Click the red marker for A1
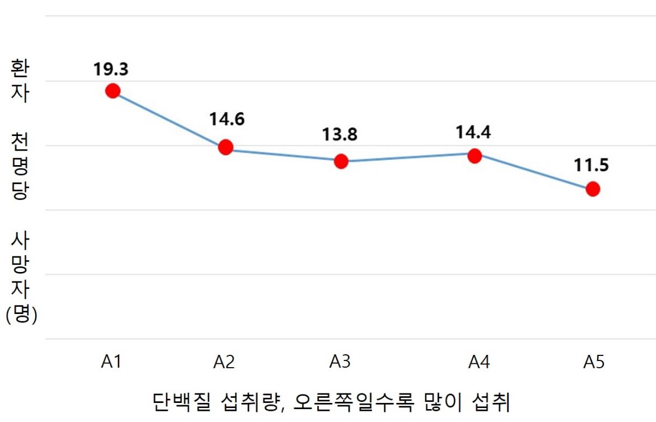click(x=113, y=91)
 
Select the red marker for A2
click(x=225, y=147)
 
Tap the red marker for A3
click(x=341, y=161)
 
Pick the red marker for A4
click(x=474, y=156)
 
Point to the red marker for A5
click(x=593, y=189)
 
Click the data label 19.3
click(x=111, y=69)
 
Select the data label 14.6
click(x=227, y=119)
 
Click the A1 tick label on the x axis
click(x=111, y=363)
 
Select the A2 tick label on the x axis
click(x=224, y=363)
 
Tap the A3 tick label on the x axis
click(x=339, y=363)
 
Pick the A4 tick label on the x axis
click(x=480, y=363)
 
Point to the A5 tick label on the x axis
click(x=594, y=363)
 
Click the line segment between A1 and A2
click(x=169, y=119)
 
